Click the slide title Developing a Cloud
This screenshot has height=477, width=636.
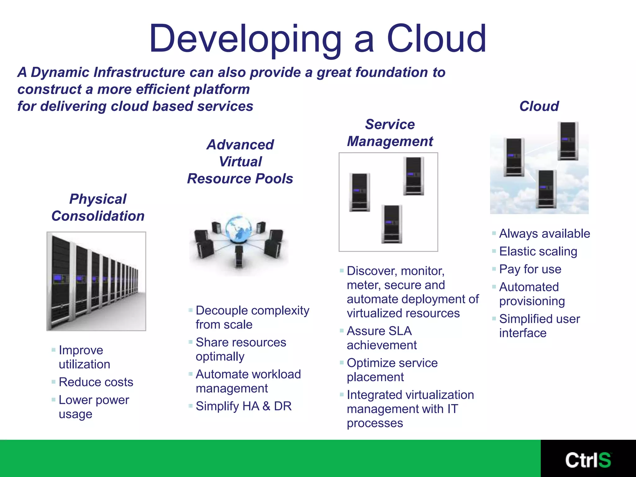(317, 39)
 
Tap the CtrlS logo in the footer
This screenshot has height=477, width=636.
(588, 460)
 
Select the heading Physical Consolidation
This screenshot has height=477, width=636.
(98, 207)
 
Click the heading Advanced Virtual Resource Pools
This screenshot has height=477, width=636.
(240, 161)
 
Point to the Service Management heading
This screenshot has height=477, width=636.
(390, 133)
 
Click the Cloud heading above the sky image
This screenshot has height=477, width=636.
(539, 106)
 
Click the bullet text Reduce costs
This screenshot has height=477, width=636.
(96, 382)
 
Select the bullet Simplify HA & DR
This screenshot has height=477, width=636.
(243, 406)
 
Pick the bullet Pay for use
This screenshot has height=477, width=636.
(530, 269)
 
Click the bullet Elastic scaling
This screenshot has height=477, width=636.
(538, 251)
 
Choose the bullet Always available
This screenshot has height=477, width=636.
(544, 234)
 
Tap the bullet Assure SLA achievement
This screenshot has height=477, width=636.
(382, 338)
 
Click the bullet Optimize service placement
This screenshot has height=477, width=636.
(392, 370)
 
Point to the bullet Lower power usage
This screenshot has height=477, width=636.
(93, 407)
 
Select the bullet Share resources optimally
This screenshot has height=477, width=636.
(241, 349)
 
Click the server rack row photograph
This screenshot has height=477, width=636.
(96, 281)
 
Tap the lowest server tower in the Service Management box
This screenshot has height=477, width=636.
(391, 224)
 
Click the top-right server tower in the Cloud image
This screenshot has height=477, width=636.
(568, 141)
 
